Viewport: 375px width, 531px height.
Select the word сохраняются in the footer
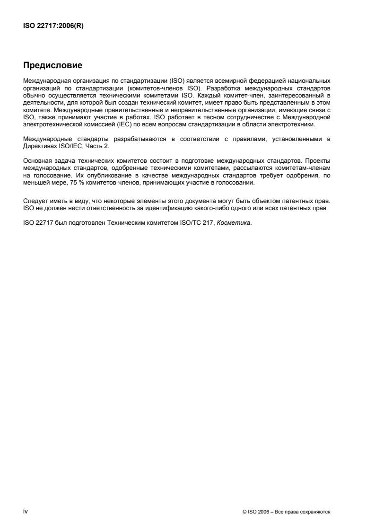315,512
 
